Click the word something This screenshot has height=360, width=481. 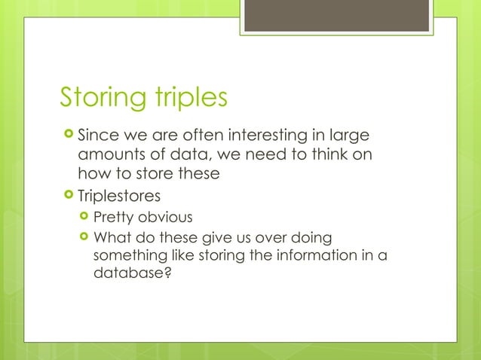[126, 256]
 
